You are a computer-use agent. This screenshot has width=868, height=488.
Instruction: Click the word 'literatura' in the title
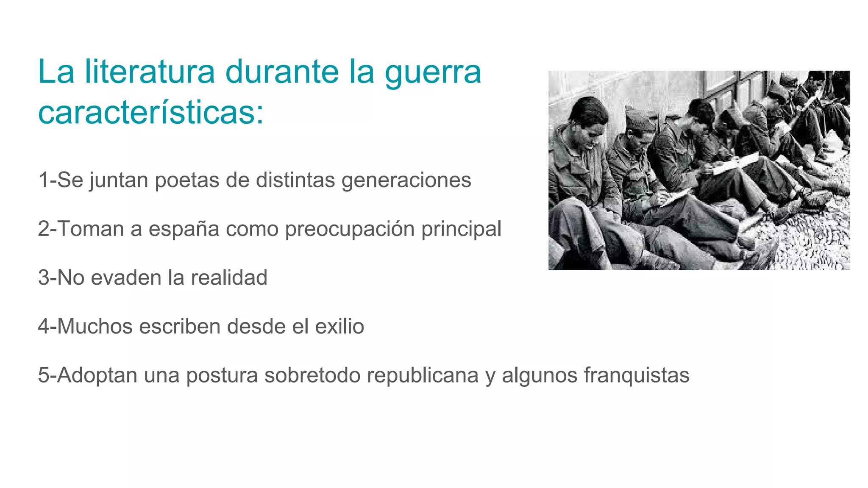click(150, 72)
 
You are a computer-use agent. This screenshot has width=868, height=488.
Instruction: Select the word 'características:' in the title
click(151, 113)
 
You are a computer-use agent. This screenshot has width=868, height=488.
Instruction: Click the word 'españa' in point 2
click(184, 230)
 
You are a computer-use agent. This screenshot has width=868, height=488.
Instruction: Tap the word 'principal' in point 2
click(461, 230)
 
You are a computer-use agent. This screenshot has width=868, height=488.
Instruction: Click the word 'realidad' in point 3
click(229, 278)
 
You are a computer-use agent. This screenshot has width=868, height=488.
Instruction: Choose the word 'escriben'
click(180, 327)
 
